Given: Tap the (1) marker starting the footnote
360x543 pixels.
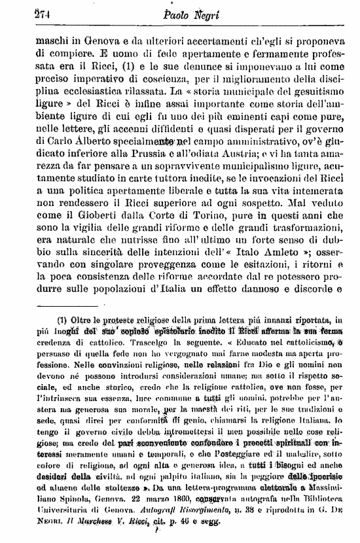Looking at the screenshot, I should coord(46,321).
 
